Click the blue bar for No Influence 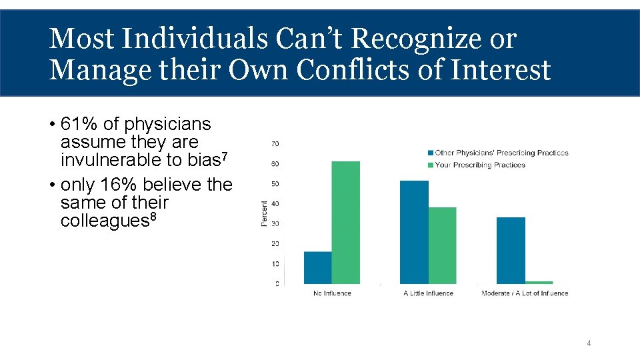317,268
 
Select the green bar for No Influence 345,223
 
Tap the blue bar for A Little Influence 414,232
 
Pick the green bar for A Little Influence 442,245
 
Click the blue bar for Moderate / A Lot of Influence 511,251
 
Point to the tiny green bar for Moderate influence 539,283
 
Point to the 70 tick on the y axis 275,144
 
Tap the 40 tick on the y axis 275,204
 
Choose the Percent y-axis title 265,213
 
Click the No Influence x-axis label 332,293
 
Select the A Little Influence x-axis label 429,293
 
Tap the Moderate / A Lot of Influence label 525,293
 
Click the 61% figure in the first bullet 75,125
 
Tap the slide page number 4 589,343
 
